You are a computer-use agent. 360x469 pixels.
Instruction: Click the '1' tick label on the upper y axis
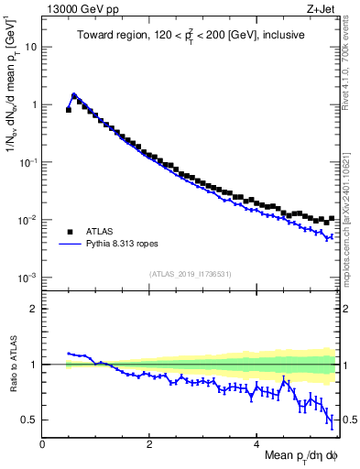tap(35, 104)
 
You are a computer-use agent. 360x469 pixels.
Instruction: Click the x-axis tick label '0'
tap(42, 443)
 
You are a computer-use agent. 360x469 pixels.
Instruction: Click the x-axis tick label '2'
tap(149, 443)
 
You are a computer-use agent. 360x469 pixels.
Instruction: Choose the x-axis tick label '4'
tap(256, 443)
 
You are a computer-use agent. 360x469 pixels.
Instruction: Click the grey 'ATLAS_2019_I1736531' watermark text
tap(191, 274)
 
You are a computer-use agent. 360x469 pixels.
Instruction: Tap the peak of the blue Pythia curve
tap(74, 94)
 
